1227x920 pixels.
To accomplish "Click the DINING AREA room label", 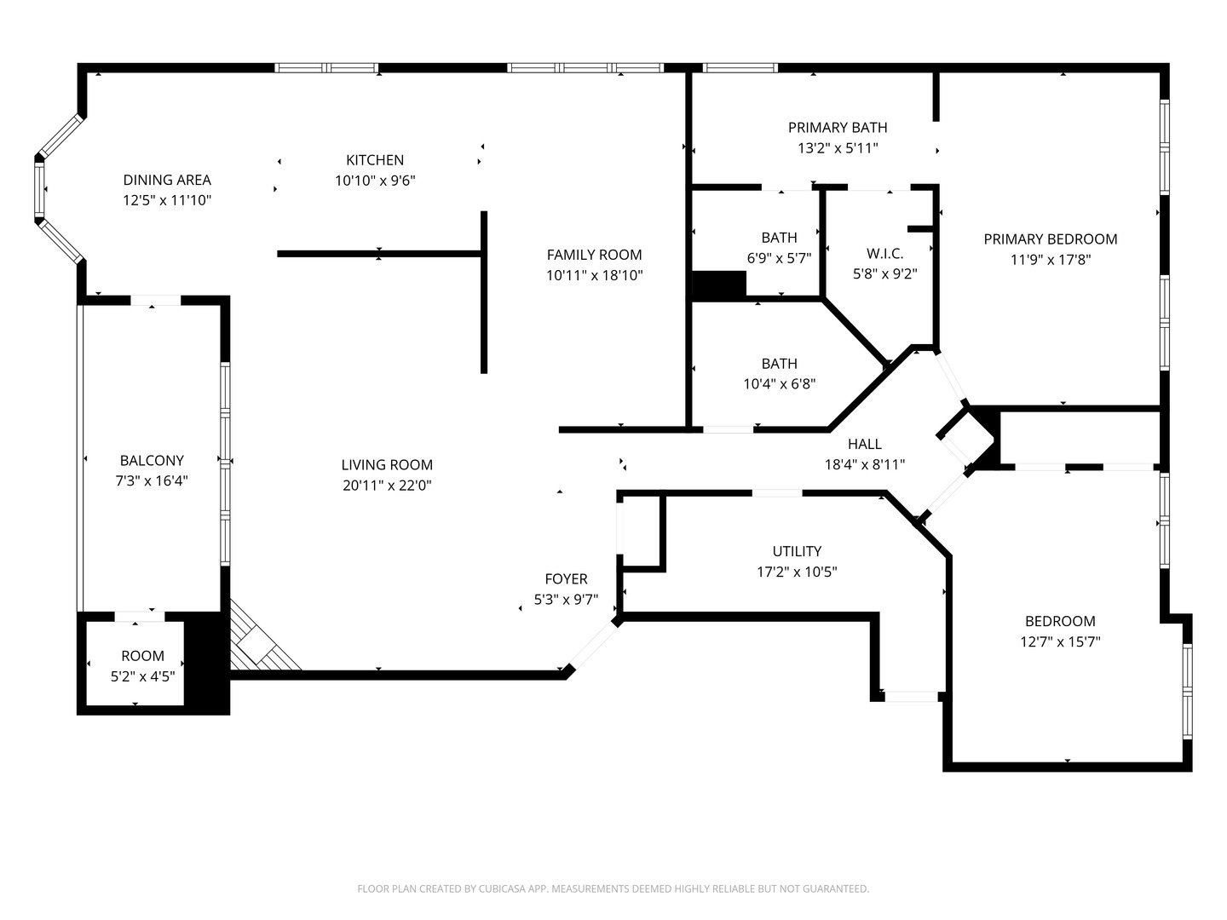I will (167, 180).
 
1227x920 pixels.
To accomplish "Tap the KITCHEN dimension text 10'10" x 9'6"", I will (375, 181).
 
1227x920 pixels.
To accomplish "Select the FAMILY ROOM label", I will (594, 255).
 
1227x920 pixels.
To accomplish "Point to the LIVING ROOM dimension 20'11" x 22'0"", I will (387, 486).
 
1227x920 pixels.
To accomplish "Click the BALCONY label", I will (152, 460).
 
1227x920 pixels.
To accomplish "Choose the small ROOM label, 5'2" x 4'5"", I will (142, 656).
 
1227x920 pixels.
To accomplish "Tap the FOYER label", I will (566, 579).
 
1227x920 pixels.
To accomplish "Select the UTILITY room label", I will (797, 551).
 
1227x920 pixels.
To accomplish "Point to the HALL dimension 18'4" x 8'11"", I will (864, 464).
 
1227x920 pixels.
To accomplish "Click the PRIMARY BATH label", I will (837, 128).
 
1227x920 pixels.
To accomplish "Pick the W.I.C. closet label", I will (884, 254).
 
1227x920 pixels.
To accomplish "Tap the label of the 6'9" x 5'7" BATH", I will (779, 238).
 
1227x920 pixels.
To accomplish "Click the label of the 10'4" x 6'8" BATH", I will (779, 364).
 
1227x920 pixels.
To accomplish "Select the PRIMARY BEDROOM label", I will (1050, 239).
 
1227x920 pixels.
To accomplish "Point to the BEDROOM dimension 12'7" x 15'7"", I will (1060, 642).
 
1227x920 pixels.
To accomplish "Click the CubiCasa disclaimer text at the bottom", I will (613, 888).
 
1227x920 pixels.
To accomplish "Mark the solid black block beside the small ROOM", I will (207, 664).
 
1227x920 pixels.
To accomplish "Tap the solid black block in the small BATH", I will (719, 285).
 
